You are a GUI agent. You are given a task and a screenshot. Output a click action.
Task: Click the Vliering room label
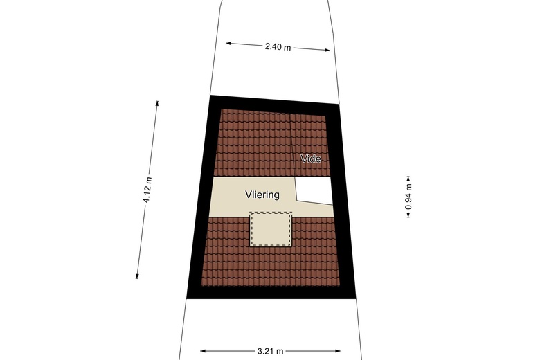tap(262, 195)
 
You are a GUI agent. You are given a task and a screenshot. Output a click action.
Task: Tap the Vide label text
tap(311, 159)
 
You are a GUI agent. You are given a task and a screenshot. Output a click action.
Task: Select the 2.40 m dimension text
tap(278, 47)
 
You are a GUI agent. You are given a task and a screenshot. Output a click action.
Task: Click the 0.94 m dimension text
tap(408, 196)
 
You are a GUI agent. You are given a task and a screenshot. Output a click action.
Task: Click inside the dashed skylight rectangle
tap(271, 228)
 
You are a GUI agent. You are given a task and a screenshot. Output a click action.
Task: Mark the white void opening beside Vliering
tap(315, 189)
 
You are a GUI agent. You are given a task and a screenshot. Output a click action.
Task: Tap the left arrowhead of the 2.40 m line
tap(228, 43)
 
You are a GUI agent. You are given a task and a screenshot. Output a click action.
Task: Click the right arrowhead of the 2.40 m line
tap(328, 50)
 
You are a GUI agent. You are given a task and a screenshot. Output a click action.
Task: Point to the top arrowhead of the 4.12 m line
tap(157, 103)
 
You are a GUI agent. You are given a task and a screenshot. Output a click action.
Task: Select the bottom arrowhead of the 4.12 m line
tap(137, 276)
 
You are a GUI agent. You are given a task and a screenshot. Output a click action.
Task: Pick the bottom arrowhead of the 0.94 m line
tap(408, 216)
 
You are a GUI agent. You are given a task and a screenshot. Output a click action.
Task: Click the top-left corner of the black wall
tap(210, 96)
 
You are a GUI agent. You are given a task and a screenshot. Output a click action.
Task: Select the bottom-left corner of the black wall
tap(186, 298)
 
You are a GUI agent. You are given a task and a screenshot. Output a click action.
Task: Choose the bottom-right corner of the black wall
tap(356, 298)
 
